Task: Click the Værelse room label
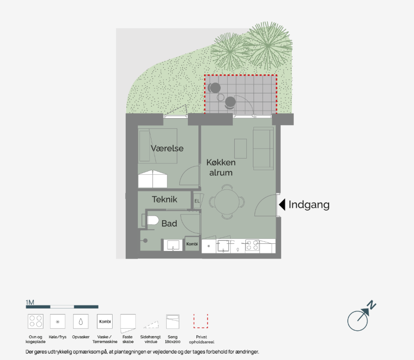point(167,148)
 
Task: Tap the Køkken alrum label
point(221,168)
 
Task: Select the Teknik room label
point(164,199)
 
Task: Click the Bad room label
point(169,224)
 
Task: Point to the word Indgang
point(309,205)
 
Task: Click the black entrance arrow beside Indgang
point(282,204)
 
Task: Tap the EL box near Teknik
point(198,201)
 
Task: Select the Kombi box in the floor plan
point(192,243)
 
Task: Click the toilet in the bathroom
point(152,220)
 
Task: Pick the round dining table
point(227,202)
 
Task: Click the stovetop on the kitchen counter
point(252,245)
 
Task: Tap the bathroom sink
point(173,245)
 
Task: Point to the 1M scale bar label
point(30,302)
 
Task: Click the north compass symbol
point(360,317)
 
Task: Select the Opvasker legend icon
point(81,321)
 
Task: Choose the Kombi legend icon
point(105,321)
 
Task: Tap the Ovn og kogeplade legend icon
point(35,321)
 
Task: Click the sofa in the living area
point(263,148)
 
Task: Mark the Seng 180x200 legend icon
point(173,322)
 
